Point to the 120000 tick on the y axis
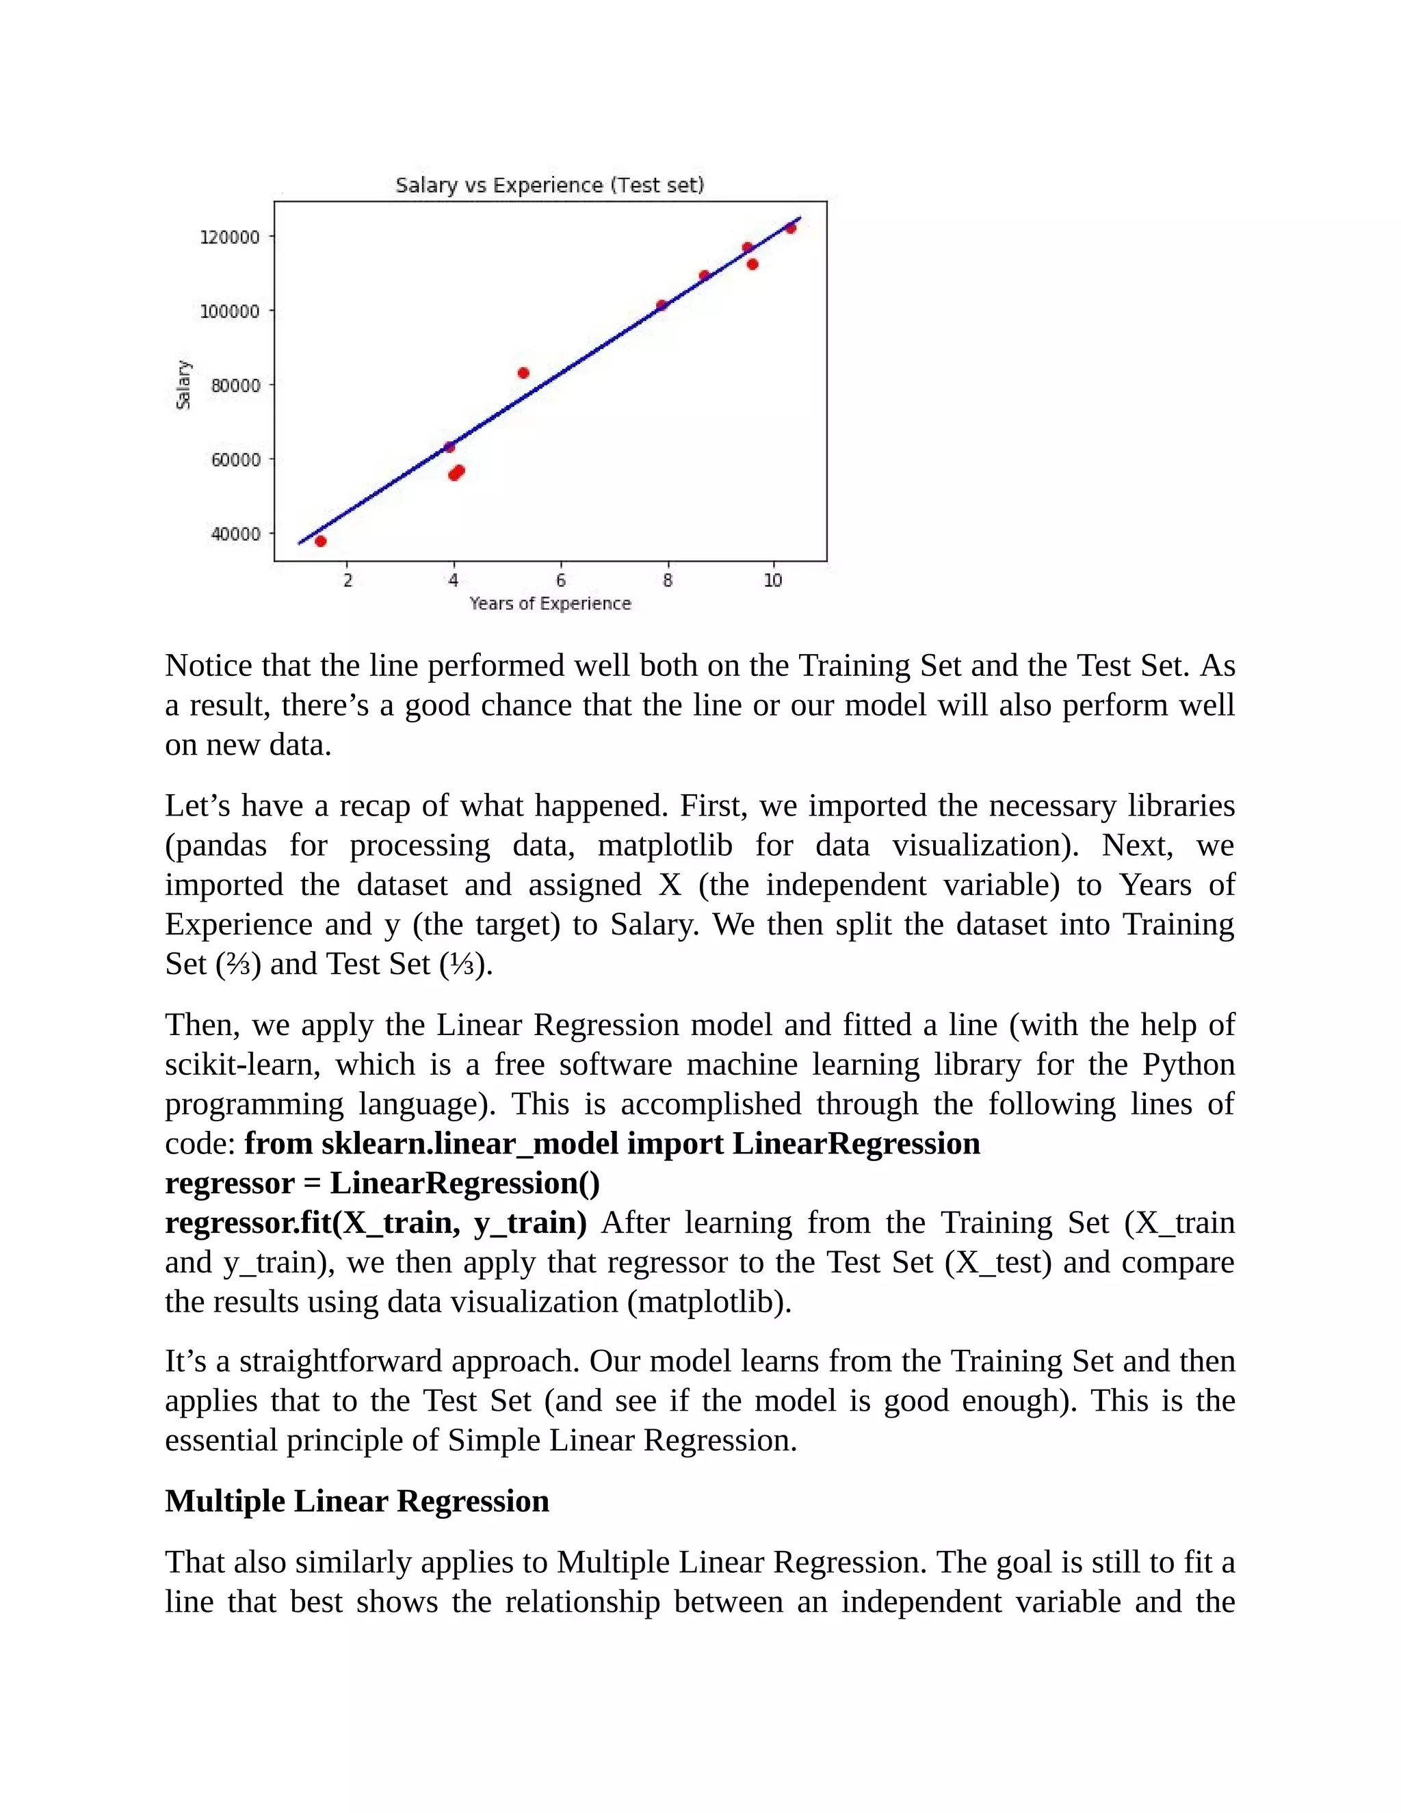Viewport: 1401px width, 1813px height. tap(230, 237)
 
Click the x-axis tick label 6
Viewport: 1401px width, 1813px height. tap(561, 580)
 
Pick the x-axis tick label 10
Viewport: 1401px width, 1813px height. tap(773, 580)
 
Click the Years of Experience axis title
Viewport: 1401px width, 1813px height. tap(549, 603)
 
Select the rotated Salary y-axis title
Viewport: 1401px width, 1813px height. tap(183, 384)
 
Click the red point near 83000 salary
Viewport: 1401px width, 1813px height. tap(523, 373)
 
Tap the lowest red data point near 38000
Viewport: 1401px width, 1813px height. tap(320, 541)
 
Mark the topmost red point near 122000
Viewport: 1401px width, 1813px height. tap(790, 229)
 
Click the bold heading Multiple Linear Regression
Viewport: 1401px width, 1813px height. tap(357, 1501)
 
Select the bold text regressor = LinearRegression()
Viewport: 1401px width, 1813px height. tap(382, 1183)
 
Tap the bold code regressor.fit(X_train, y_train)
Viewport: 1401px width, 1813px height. tap(375, 1223)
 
